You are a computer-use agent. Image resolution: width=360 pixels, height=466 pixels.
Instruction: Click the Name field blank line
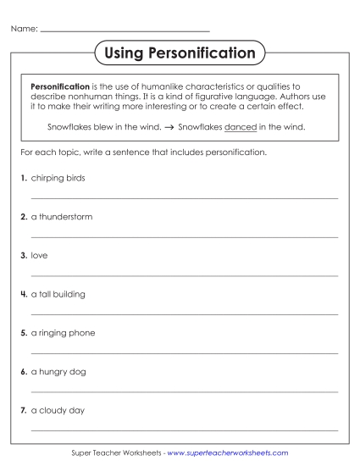pyautogui.click(x=125, y=31)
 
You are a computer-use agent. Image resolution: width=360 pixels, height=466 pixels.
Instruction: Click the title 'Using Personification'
pyautogui.click(x=180, y=53)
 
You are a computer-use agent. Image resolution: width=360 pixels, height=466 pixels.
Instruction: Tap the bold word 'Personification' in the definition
pyautogui.click(x=60, y=86)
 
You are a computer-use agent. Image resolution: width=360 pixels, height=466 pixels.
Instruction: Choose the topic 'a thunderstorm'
pyautogui.click(x=62, y=217)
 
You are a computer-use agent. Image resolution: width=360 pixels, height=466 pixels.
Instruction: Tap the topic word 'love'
pyautogui.click(x=39, y=255)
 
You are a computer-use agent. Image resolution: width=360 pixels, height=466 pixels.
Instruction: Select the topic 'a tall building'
pyautogui.click(x=58, y=294)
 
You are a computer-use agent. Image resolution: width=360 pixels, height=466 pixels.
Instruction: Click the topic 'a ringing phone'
pyautogui.click(x=63, y=333)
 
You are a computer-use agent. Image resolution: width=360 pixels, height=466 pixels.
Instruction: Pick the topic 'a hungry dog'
pyautogui.click(x=58, y=372)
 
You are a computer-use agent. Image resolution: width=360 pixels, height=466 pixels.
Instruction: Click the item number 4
pyautogui.click(x=23, y=294)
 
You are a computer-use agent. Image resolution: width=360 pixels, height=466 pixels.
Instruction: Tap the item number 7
pyautogui.click(x=23, y=411)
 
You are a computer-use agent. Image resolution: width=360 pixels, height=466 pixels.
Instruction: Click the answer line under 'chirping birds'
pyautogui.click(x=184, y=198)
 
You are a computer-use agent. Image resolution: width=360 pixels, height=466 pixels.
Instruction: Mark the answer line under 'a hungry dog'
pyautogui.click(x=184, y=392)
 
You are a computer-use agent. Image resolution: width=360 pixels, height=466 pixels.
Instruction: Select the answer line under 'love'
pyautogui.click(x=184, y=275)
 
